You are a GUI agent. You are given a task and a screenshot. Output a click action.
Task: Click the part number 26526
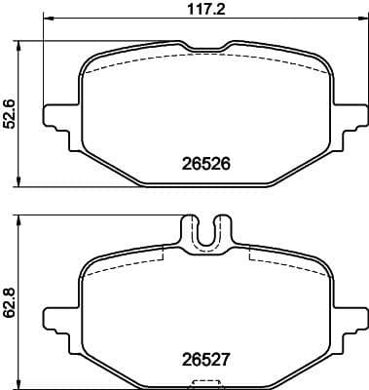pos(204,165)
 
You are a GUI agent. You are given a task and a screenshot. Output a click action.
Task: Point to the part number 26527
pos(204,357)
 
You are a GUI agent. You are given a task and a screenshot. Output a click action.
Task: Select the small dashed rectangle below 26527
pos(203,381)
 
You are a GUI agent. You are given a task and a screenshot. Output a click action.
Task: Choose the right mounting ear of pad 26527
pos(348,311)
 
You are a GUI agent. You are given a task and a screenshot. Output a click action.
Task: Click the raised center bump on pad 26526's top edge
pos(203,45)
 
